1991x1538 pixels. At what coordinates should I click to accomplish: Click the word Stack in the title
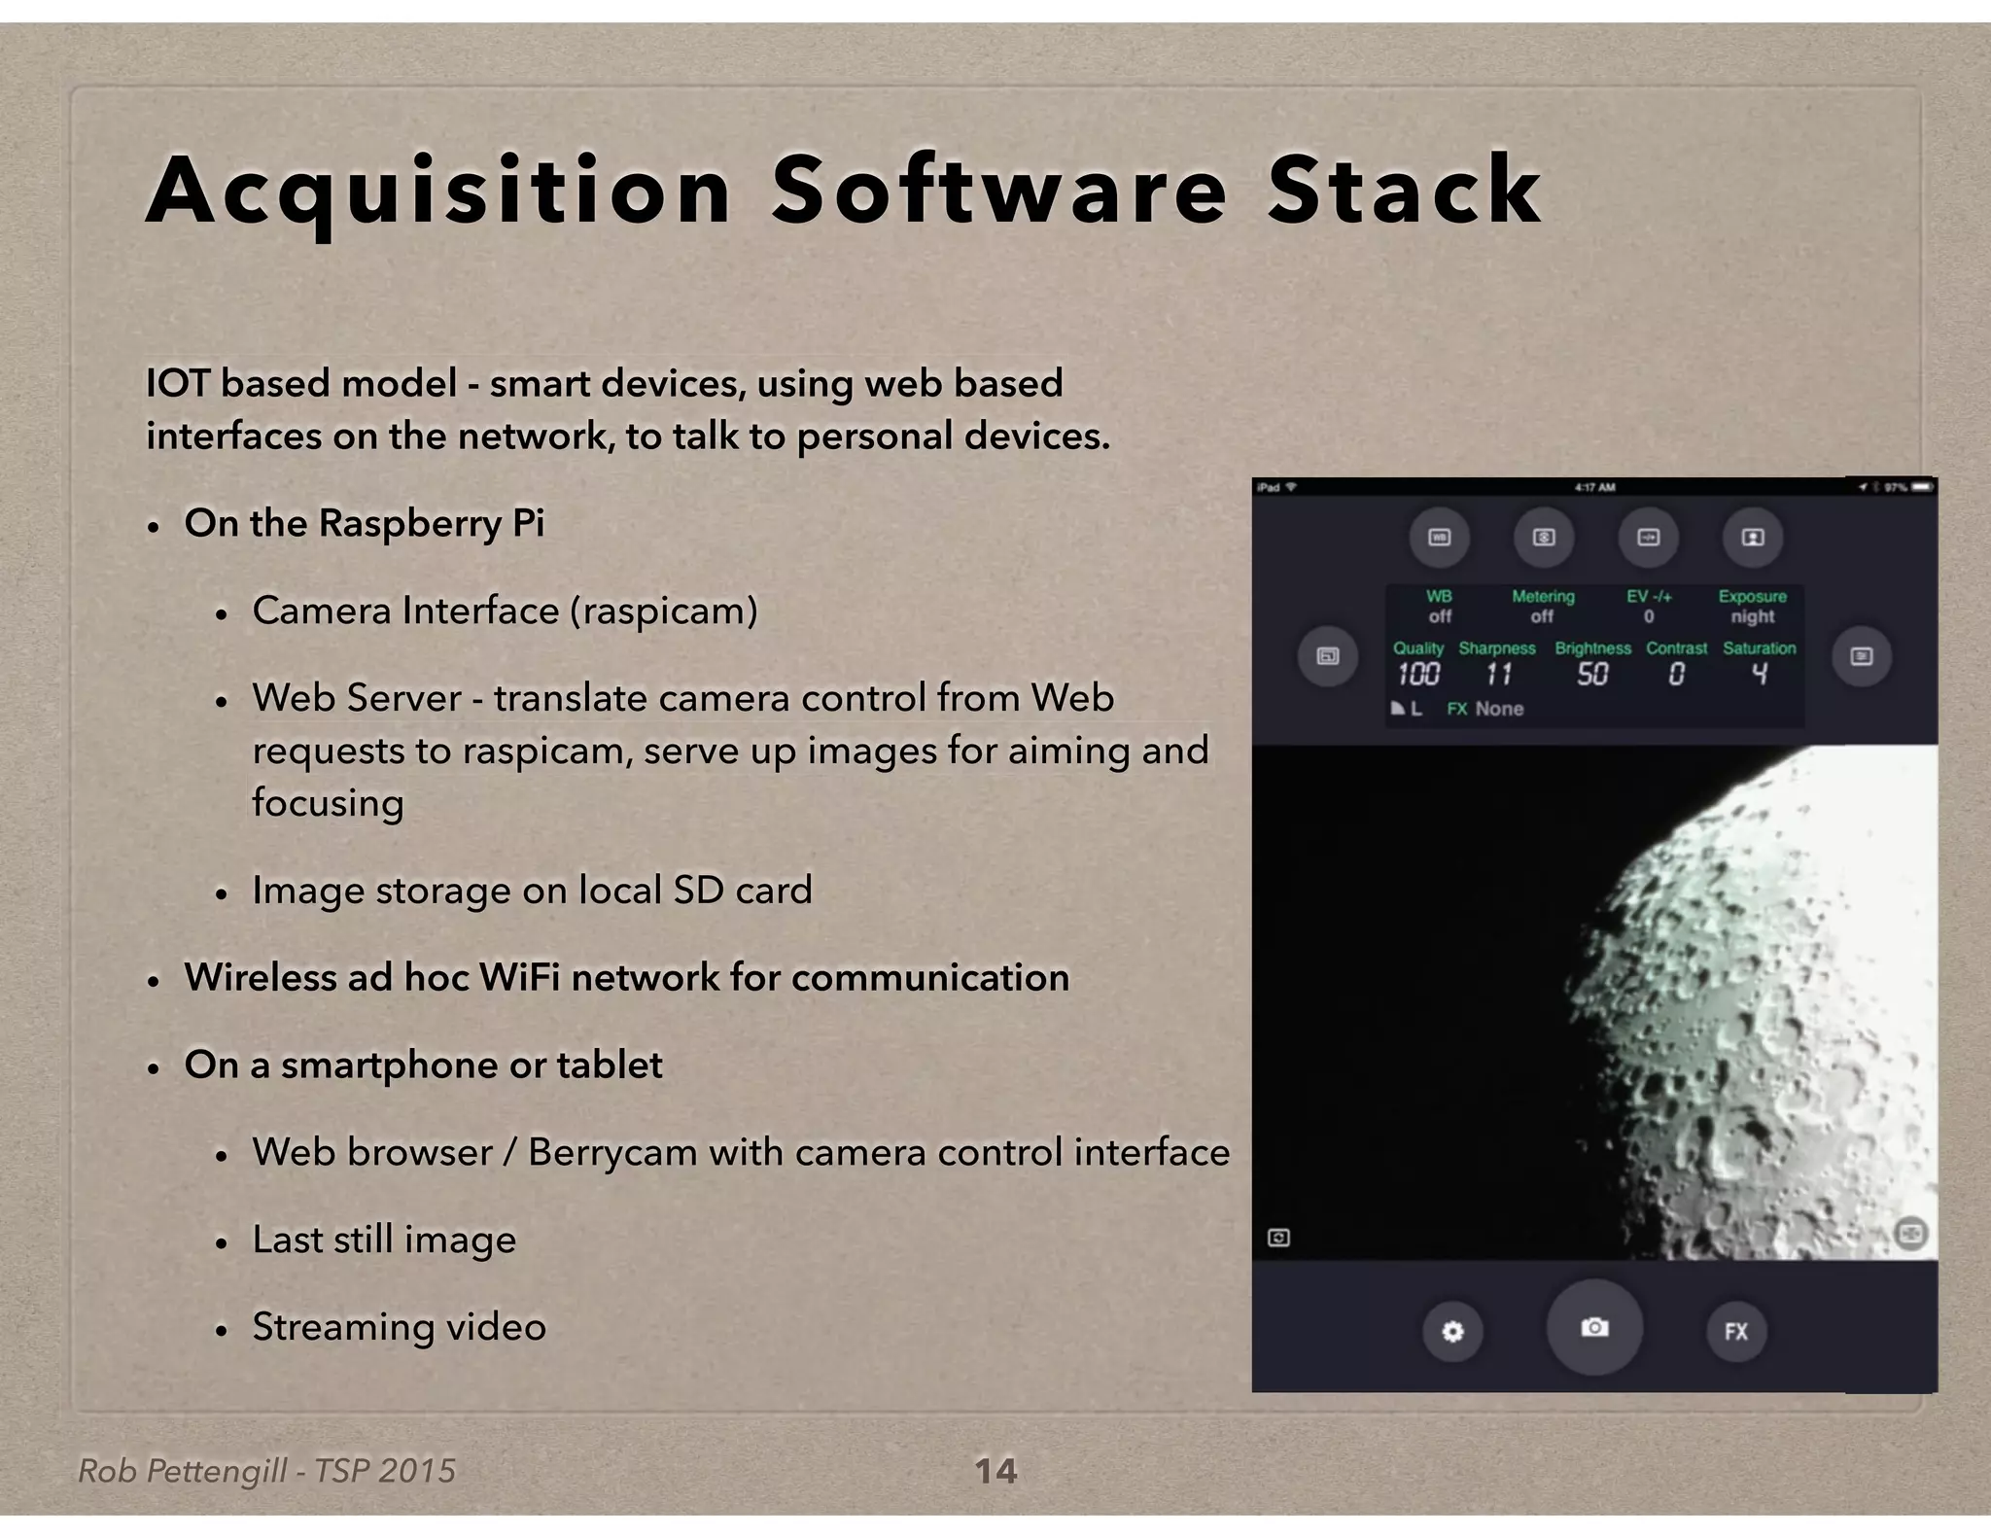1404,191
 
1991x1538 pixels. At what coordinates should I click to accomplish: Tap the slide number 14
995,1471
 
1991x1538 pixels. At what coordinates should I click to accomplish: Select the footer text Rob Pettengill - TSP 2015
266,1471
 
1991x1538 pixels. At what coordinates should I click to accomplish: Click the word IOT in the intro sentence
177,383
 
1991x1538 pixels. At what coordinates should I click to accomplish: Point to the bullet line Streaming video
399,1327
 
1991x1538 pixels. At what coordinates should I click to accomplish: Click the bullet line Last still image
384,1240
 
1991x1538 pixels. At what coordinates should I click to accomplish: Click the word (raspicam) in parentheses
664,611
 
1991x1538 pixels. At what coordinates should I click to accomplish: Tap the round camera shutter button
1594,1327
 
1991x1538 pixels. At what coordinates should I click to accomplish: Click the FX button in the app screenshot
1736,1331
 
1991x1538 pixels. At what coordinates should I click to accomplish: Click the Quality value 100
1418,674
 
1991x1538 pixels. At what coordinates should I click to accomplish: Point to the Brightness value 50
1592,674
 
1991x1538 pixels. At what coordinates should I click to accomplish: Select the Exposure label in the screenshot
1752,596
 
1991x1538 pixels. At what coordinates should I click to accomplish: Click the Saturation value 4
1760,674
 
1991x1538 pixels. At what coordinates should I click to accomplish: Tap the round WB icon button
1440,538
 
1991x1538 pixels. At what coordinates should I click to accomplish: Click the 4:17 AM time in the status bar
1594,487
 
